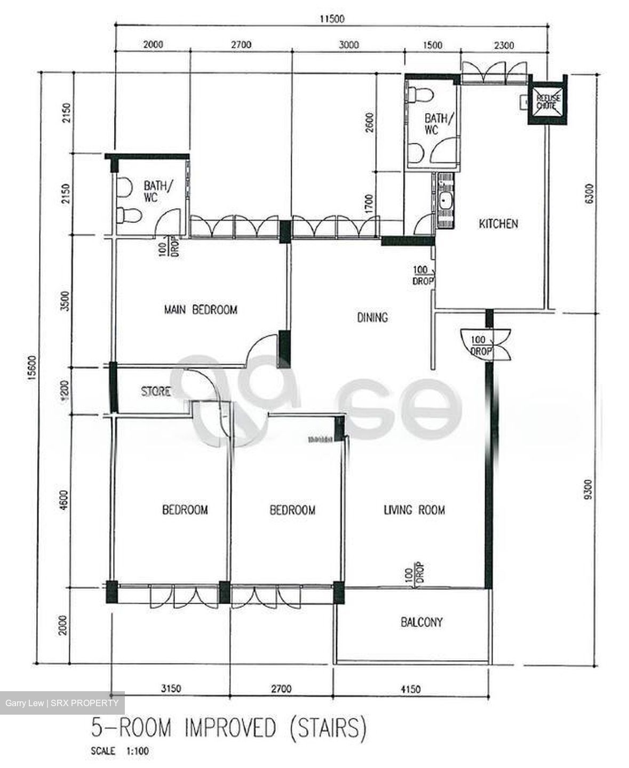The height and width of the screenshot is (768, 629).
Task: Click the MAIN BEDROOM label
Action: (200, 310)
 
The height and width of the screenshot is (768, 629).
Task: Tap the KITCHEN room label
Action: (498, 223)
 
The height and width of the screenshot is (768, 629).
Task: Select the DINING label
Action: (372, 318)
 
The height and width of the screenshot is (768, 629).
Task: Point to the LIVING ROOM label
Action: (415, 510)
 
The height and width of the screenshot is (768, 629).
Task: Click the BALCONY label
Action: (421, 622)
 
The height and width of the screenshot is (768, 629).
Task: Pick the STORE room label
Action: (156, 391)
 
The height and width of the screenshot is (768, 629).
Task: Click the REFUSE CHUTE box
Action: (546, 101)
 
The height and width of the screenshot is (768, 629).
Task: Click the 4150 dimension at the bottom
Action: (409, 689)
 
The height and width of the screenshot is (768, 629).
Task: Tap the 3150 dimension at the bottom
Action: (170, 689)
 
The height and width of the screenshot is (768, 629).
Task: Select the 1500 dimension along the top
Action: (432, 45)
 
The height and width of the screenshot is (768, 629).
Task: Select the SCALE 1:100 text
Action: (120, 751)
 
